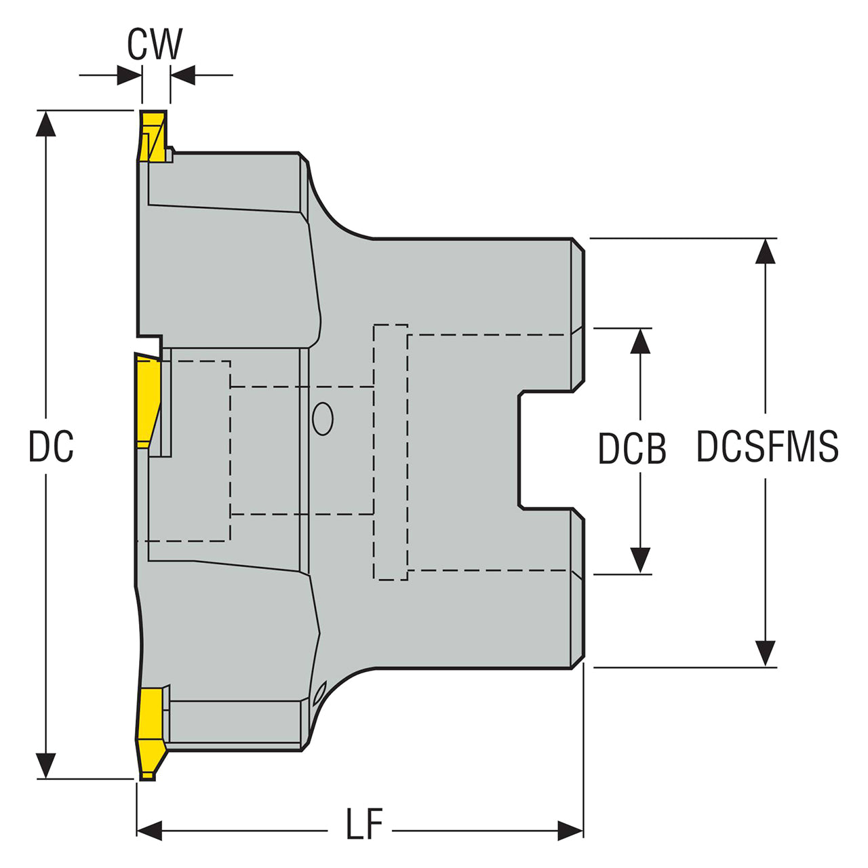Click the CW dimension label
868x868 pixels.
155,45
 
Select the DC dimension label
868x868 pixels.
51,447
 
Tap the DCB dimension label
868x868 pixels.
632,449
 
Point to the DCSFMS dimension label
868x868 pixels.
768,447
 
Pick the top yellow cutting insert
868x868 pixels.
152,136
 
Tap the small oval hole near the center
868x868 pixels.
323,418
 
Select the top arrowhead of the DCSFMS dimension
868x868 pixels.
766,251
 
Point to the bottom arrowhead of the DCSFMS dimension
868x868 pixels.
766,654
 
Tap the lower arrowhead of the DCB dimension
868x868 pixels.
640,561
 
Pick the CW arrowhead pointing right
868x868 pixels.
129,75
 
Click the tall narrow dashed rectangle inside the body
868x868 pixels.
391,452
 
